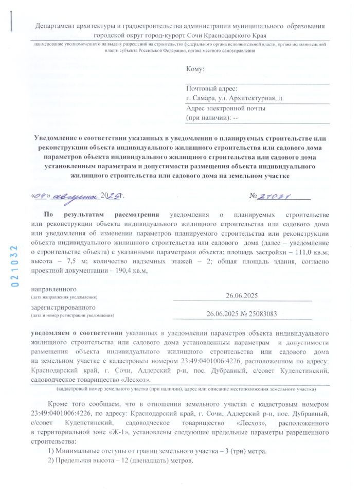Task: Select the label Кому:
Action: pyautogui.click(x=195, y=69)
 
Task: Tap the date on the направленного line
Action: pyautogui.click(x=241, y=295)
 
